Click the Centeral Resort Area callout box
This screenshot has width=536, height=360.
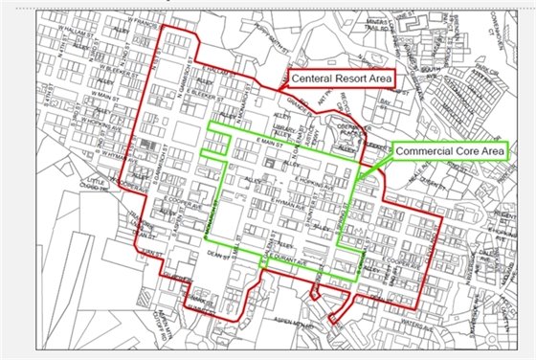(340, 77)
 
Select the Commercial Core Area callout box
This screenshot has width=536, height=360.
(450, 150)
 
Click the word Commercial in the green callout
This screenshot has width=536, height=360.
(427, 150)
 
